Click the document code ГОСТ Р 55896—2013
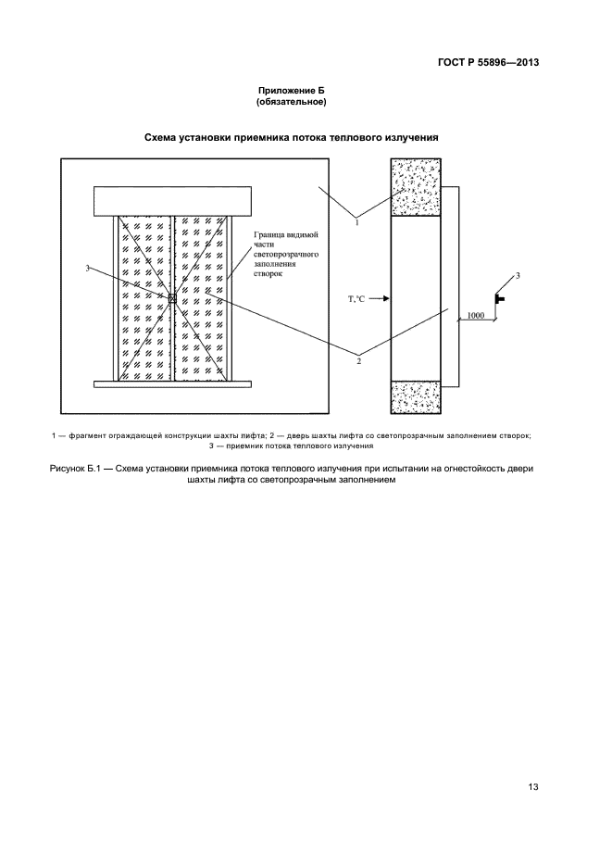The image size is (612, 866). pyautogui.click(x=488, y=63)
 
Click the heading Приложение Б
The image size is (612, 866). pyautogui.click(x=292, y=90)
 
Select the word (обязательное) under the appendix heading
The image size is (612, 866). pyautogui.click(x=292, y=101)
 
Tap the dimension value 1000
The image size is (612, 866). pyautogui.click(x=475, y=316)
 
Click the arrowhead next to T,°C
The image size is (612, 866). pyautogui.click(x=386, y=298)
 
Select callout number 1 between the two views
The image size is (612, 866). pyautogui.click(x=357, y=222)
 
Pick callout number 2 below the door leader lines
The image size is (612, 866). pyautogui.click(x=358, y=359)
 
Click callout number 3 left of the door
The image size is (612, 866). pyautogui.click(x=88, y=269)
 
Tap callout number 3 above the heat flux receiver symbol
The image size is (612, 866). pyautogui.click(x=518, y=276)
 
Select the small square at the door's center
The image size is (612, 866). pyautogui.click(x=171, y=297)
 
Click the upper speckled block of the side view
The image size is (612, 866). pyautogui.click(x=415, y=187)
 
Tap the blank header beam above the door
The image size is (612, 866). pyautogui.click(x=172, y=199)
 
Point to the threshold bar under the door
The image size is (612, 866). pyautogui.click(x=172, y=384)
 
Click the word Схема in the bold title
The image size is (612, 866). pyautogui.click(x=163, y=137)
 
